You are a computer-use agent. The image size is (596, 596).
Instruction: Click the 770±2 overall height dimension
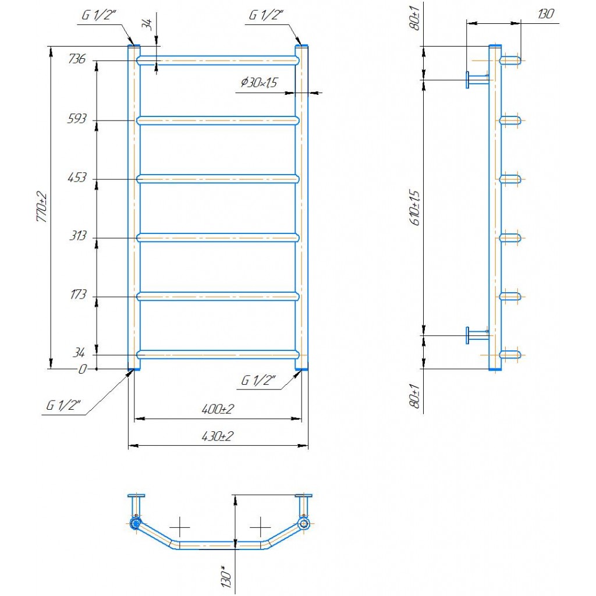tap(42, 207)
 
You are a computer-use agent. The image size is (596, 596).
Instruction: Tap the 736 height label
tap(77, 59)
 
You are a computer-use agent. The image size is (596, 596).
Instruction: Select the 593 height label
tap(77, 119)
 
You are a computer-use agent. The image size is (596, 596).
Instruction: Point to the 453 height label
tap(77, 177)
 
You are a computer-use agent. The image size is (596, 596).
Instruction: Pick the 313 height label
tap(78, 236)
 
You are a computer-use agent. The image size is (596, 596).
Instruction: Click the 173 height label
tap(78, 294)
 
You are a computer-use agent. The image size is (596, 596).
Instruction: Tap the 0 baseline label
tap(82, 369)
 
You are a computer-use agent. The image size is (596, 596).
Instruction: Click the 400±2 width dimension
tap(218, 409)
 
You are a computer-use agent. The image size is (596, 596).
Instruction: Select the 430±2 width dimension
tap(218, 436)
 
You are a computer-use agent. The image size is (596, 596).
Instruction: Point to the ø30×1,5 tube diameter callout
tap(259, 82)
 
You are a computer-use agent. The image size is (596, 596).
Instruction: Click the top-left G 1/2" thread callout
tap(98, 15)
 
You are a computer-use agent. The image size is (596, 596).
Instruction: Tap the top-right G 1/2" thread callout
tap(266, 15)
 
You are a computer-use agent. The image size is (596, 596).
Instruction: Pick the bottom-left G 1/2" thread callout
tap(63, 405)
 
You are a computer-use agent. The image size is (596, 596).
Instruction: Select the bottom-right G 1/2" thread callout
tap(258, 380)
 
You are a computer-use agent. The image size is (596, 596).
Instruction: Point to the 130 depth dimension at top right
tap(546, 14)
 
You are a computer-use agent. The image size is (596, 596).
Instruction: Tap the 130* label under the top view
tap(226, 578)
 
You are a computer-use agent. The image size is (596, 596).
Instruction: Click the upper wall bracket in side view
tap(478, 80)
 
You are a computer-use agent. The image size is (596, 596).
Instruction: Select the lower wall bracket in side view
tap(478, 335)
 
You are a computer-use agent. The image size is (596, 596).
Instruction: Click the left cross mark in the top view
tap(179, 527)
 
